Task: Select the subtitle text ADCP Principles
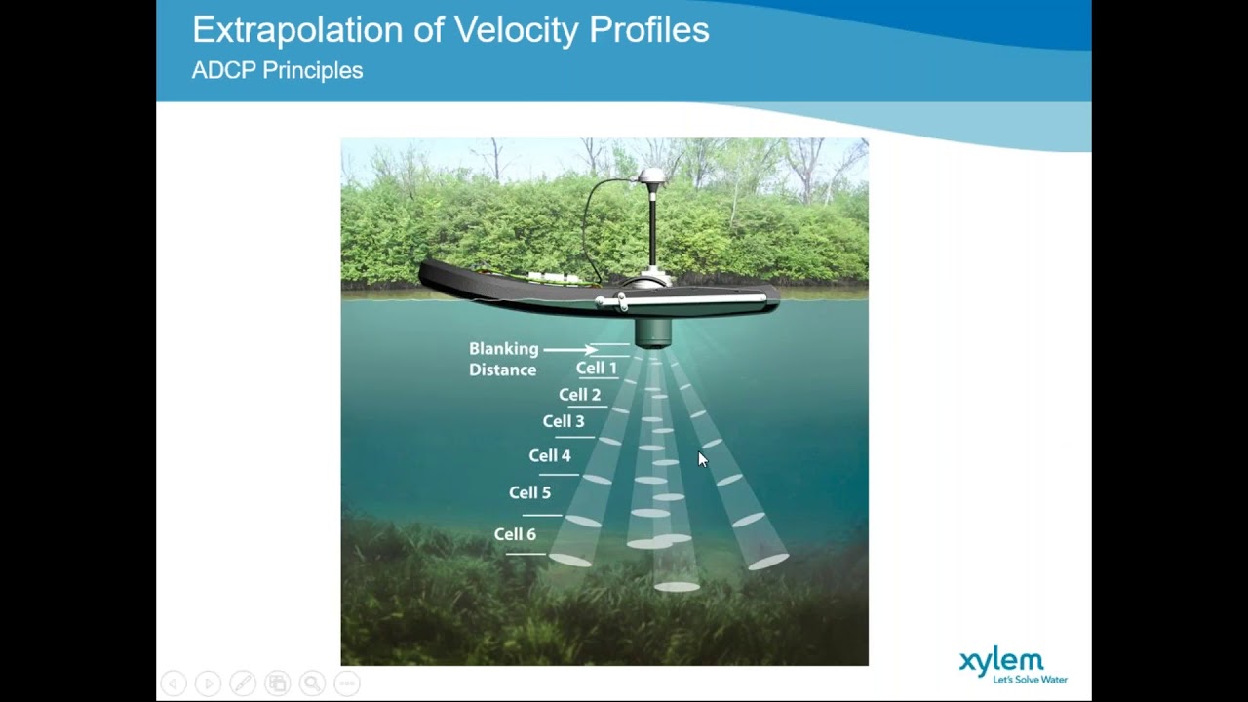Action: tap(277, 70)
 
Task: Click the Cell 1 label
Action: tap(596, 368)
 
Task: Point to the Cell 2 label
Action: tap(579, 395)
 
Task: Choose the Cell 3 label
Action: tap(564, 421)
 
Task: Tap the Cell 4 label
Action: tap(550, 455)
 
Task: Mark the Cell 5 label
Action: tap(529, 492)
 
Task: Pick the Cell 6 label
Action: tap(515, 534)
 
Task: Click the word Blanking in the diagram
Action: tap(503, 348)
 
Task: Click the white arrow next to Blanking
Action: tap(570, 349)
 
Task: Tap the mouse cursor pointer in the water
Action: tap(703, 459)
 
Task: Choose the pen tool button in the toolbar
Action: tap(243, 683)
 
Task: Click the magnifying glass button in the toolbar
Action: tap(312, 683)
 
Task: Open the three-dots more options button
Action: tap(347, 683)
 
